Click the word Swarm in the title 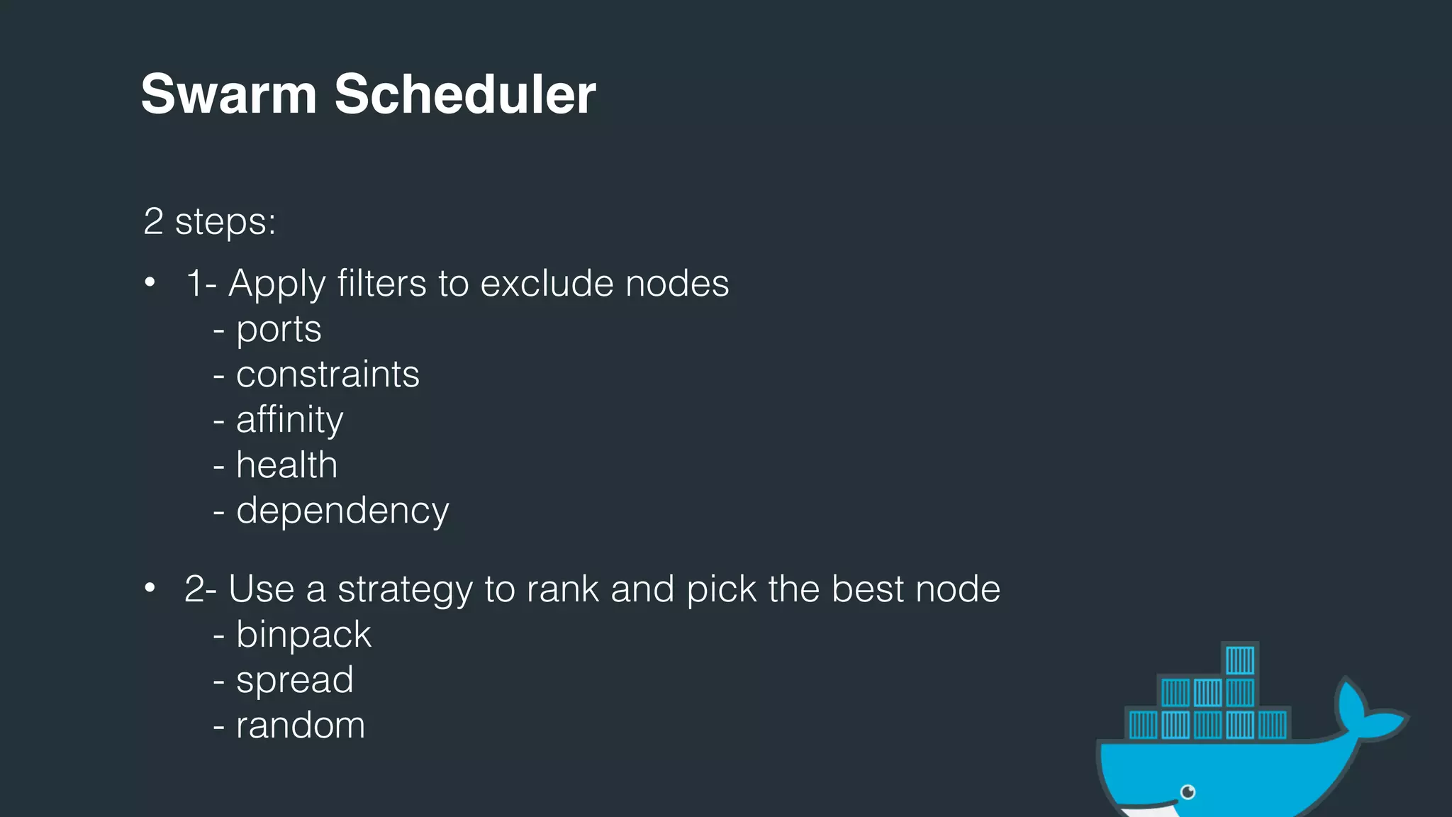click(228, 94)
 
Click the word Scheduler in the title click(464, 94)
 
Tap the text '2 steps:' click(209, 222)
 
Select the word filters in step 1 click(381, 284)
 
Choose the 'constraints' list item click(327, 375)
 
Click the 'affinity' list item click(289, 420)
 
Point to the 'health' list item click(286, 466)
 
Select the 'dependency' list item click(342, 511)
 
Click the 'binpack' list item click(303, 635)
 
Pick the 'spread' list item click(294, 680)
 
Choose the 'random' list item click(300, 726)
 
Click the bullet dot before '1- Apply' click(150, 283)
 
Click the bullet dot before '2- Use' click(150, 589)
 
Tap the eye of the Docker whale click(1188, 791)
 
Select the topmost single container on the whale click(1239, 660)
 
